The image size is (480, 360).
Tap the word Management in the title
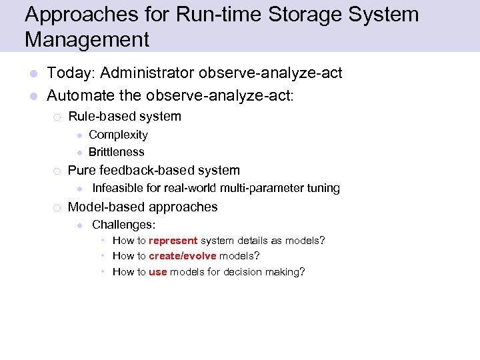[x=87, y=40]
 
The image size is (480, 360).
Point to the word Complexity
[x=118, y=135]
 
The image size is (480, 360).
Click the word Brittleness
[x=116, y=152]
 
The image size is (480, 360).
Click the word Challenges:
[x=124, y=225]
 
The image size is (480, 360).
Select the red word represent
[x=173, y=241]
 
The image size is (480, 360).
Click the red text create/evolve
[x=182, y=256]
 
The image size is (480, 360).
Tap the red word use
[x=158, y=272]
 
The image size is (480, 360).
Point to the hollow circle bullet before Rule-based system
[x=57, y=117]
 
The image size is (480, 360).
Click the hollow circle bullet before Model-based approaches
[x=57, y=207]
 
